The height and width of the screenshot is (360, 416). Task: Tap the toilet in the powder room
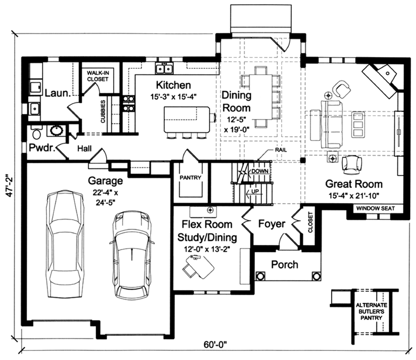[36, 131]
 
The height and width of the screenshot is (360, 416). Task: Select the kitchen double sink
[164, 68]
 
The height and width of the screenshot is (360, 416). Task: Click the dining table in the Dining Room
[260, 97]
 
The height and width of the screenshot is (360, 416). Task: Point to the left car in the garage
[65, 244]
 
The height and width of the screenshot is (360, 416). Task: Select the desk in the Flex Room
[199, 265]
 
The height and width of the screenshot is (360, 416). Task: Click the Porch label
[284, 265]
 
